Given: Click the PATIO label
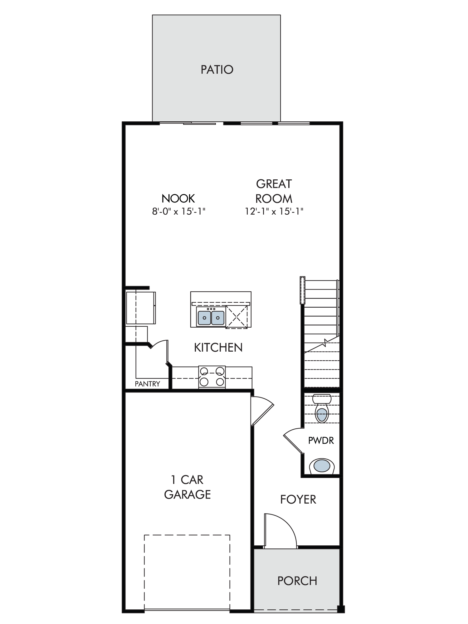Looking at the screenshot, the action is pyautogui.click(x=217, y=70).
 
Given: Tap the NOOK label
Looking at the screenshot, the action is pyautogui.click(x=178, y=198).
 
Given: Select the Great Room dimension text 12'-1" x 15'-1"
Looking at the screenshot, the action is pyautogui.click(x=274, y=212).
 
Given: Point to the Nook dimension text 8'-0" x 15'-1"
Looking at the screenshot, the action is pyautogui.click(x=179, y=212).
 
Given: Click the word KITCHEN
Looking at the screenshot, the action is pyautogui.click(x=218, y=348).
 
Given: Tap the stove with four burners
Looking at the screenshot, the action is pyautogui.click(x=212, y=377).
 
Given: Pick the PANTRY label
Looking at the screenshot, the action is pyautogui.click(x=147, y=384).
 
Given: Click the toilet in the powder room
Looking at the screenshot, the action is pyautogui.click(x=322, y=409).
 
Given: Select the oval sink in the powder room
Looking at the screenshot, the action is pyautogui.click(x=322, y=466).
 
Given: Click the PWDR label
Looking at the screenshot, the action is pyautogui.click(x=321, y=441).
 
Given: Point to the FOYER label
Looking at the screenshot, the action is pyautogui.click(x=298, y=500).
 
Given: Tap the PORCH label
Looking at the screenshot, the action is pyautogui.click(x=297, y=581).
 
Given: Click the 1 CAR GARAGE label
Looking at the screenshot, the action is pyautogui.click(x=187, y=487).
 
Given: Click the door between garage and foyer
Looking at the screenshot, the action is pyautogui.click(x=262, y=411).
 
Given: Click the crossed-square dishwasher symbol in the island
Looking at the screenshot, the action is pyautogui.click(x=236, y=317).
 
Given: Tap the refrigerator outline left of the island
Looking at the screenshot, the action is pyautogui.click(x=141, y=308).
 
